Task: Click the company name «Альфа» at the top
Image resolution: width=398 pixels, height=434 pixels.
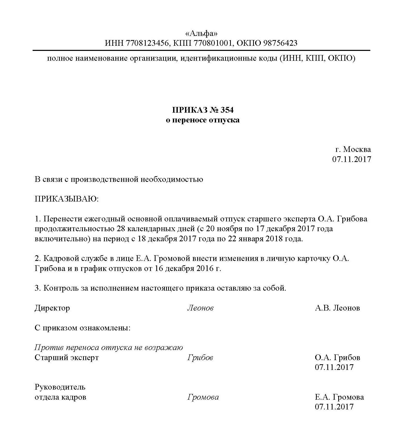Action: (201, 33)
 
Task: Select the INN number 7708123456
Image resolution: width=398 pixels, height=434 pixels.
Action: (147, 43)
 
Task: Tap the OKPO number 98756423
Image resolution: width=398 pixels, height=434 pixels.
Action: (280, 43)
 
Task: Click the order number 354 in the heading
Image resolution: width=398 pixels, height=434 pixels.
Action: (227, 110)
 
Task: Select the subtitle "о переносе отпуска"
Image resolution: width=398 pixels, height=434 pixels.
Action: (203, 120)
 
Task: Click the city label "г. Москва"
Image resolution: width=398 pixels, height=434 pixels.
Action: (353, 149)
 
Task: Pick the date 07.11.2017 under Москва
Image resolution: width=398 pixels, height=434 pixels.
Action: (351, 159)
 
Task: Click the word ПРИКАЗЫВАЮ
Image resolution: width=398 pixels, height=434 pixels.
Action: (67, 199)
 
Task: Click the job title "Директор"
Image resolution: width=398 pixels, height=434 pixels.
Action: (52, 308)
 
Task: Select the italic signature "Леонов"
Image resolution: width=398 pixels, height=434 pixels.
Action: (200, 308)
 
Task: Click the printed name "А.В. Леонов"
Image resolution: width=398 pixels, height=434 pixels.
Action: (337, 308)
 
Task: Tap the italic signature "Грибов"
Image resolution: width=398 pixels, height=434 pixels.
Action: (200, 358)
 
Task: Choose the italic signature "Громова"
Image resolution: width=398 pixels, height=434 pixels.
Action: (203, 397)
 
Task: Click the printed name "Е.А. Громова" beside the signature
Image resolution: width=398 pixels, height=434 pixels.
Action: (339, 397)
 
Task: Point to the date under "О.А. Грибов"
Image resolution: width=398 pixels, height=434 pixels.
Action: (334, 367)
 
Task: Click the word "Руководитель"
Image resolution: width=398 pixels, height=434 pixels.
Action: (60, 387)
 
